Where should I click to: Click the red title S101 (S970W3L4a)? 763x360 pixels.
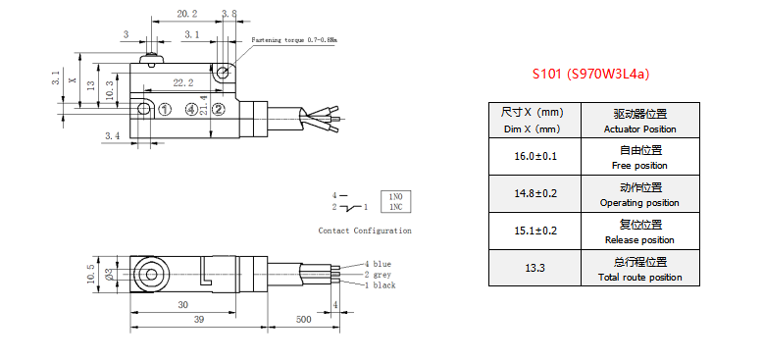(x=590, y=74)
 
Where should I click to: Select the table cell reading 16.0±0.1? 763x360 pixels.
(x=534, y=156)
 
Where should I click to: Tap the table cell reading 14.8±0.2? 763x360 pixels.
(x=534, y=193)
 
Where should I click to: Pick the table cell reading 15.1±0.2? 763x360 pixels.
(x=534, y=231)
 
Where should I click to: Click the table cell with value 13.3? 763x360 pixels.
(x=534, y=268)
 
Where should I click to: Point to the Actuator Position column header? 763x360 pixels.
(x=640, y=120)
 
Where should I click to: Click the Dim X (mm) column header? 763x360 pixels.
(x=534, y=120)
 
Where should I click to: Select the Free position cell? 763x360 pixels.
(x=640, y=156)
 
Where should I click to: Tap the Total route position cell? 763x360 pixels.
(x=640, y=268)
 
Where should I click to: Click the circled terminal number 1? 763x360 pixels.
(x=166, y=110)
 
